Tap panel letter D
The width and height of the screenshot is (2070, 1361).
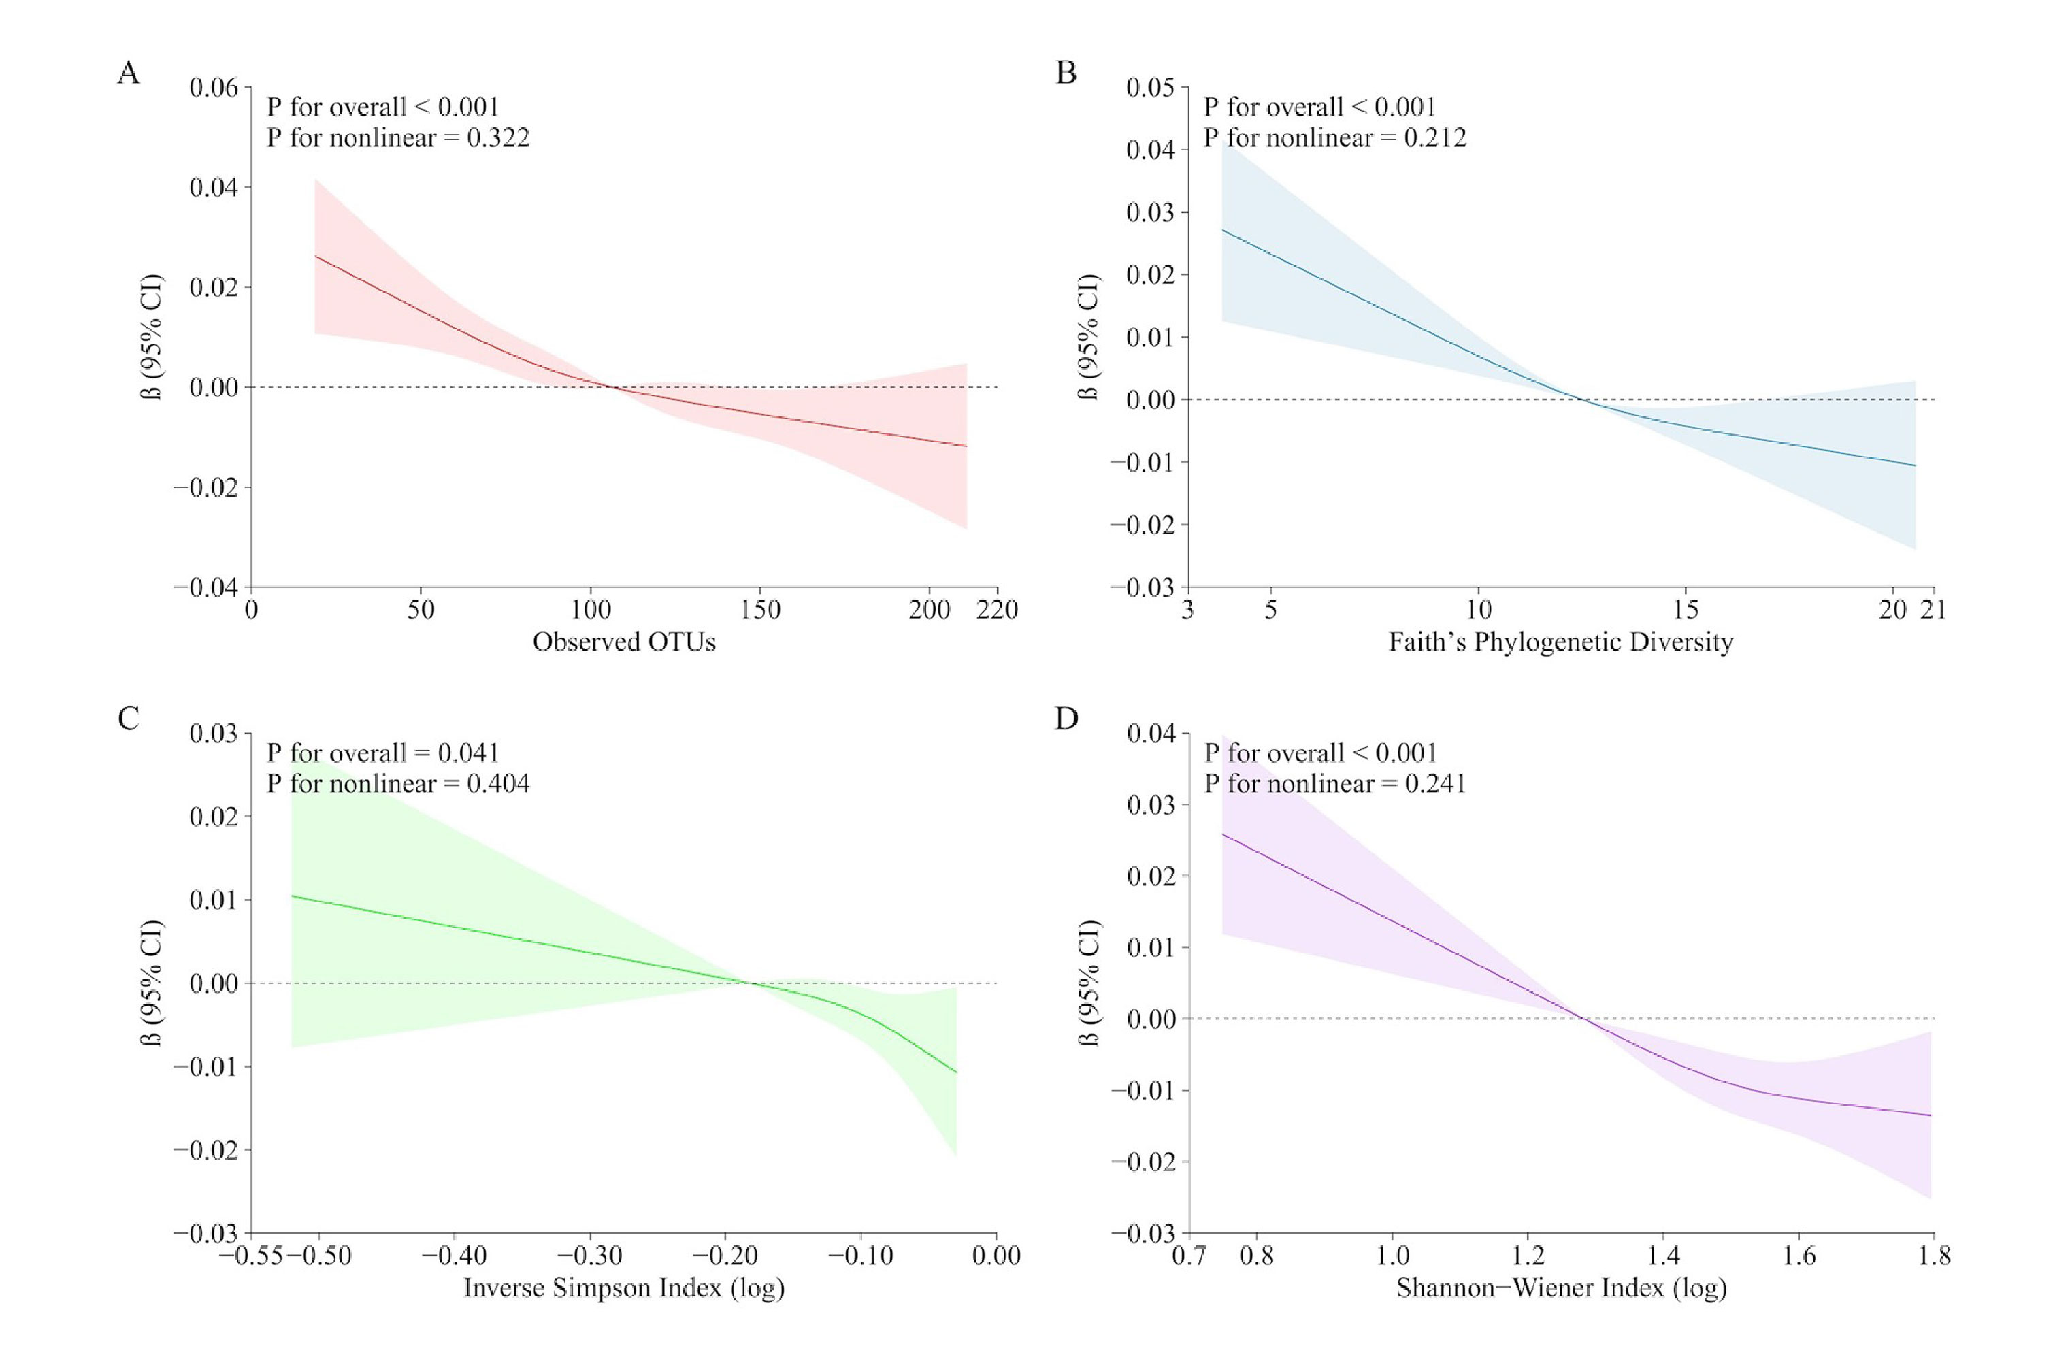click(1066, 719)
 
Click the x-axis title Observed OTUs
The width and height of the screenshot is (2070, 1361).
click(623, 642)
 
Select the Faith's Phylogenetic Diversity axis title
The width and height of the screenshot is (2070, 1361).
click(1560, 642)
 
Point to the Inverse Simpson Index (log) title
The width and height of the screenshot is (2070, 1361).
click(623, 1287)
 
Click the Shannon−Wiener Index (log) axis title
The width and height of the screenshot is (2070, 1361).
click(1560, 1287)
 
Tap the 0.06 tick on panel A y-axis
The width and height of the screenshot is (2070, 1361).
click(214, 87)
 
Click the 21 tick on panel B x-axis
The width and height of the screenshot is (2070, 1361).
click(1933, 610)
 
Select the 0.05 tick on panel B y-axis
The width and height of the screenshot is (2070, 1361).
click(1150, 87)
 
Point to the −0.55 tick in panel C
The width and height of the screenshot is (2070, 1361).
click(257, 1256)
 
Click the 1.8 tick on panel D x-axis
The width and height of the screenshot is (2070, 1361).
click(1933, 1256)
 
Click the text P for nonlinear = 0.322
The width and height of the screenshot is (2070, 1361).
click(397, 137)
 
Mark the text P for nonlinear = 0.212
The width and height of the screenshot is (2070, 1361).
click(1334, 137)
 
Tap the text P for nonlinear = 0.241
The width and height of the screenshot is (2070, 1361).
click(1334, 783)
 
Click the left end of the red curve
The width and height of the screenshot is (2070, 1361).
click(315, 256)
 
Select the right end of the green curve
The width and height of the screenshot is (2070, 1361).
click(956, 1072)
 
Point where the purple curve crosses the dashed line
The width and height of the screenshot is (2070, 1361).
click(1585, 1018)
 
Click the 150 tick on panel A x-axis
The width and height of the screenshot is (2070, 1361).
click(760, 610)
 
